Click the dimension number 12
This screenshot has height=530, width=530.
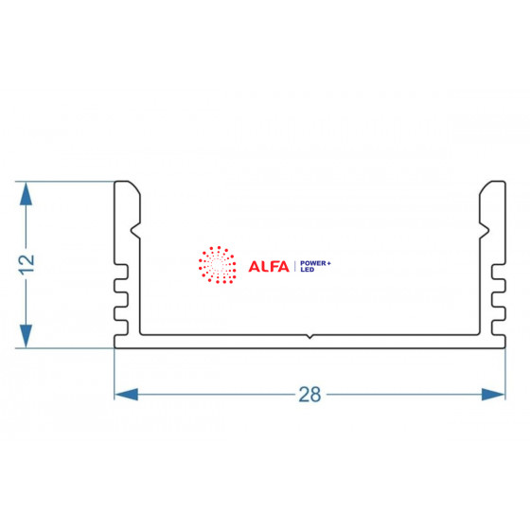tap(27, 264)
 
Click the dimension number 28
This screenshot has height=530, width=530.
tap(309, 395)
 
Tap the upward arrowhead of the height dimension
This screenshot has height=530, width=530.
tap(26, 194)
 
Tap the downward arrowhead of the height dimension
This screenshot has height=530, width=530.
tap(26, 336)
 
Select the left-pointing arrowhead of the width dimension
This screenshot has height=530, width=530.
tap(126, 395)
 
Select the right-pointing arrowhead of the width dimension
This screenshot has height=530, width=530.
tap(493, 395)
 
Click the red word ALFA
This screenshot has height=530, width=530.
tap(269, 266)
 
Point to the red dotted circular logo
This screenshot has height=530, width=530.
tap(218, 265)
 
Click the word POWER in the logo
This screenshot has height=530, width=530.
tap(313, 263)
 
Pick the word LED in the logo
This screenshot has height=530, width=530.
tap(308, 270)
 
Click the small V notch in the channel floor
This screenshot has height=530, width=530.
tap(309, 336)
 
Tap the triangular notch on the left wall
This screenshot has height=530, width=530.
tap(135, 232)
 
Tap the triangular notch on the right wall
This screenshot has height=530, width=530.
tap(484, 232)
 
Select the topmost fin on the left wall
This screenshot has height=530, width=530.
tap(121, 272)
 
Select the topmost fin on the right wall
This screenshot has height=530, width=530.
tap(499, 272)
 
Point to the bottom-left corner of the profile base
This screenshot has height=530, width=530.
tap(115, 348)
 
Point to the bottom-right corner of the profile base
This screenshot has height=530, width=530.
tap(505, 348)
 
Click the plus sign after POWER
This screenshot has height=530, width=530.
tap(329, 263)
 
